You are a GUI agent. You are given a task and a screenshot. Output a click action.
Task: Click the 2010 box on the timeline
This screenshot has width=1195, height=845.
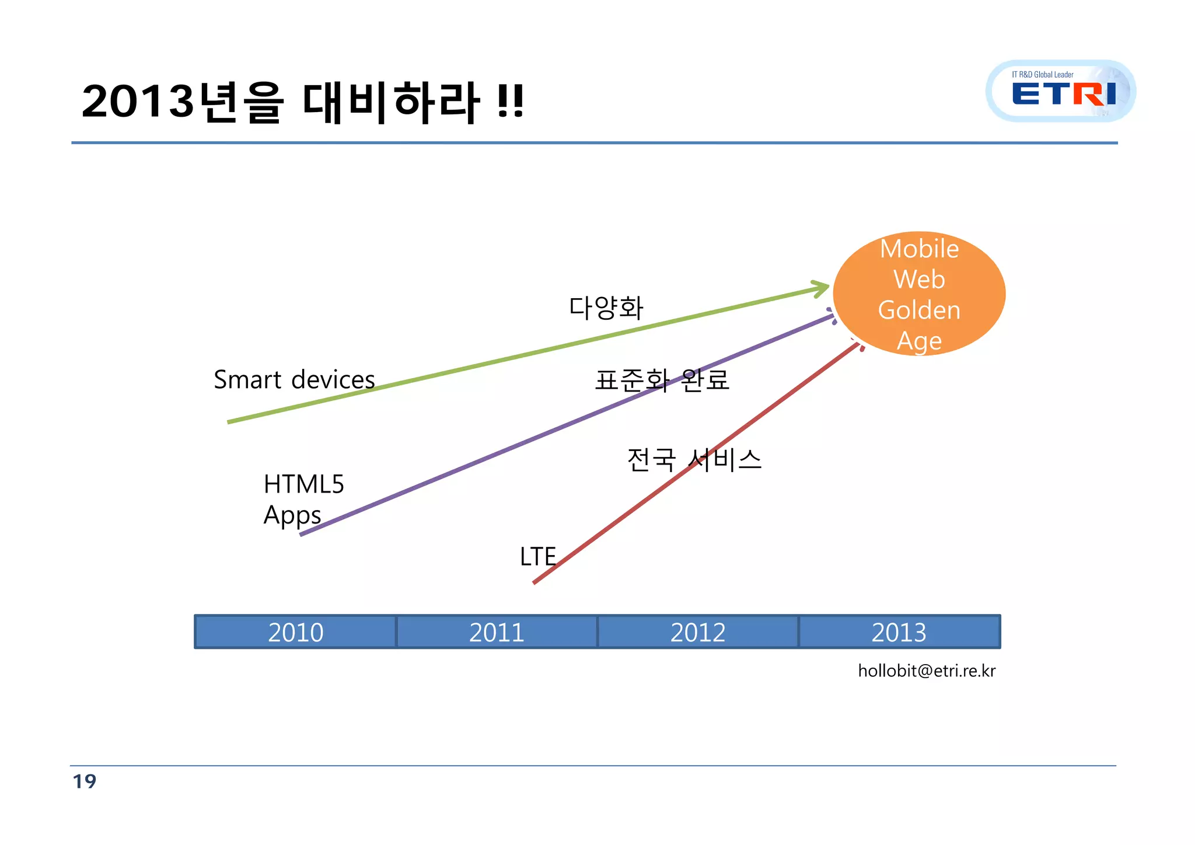pyautogui.click(x=295, y=632)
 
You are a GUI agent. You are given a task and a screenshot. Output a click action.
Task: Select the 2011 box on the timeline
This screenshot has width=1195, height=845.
pyautogui.click(x=497, y=632)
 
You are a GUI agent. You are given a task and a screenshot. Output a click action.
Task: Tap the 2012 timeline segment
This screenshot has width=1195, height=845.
pyautogui.click(x=698, y=632)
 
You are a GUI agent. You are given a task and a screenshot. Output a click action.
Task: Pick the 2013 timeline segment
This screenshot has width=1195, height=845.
pyautogui.click(x=899, y=632)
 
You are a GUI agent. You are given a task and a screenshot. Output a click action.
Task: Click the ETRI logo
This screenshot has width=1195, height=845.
pyautogui.click(x=1061, y=92)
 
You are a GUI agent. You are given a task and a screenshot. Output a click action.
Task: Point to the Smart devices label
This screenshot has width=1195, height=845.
pyautogui.click(x=294, y=380)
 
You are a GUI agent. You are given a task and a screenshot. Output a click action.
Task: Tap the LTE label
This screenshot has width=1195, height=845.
pyautogui.click(x=537, y=557)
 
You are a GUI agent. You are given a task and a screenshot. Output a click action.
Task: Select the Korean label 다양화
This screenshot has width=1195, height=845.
pyautogui.click(x=606, y=308)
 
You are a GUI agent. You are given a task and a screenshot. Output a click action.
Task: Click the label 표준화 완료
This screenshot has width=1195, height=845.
pyautogui.click(x=662, y=380)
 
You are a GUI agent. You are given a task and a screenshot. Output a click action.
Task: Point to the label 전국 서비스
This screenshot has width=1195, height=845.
pyautogui.click(x=694, y=460)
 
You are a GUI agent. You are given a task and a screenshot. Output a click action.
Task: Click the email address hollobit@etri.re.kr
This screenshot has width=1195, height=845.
pyautogui.click(x=926, y=671)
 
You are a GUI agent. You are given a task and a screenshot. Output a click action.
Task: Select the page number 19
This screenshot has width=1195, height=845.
pyautogui.click(x=85, y=781)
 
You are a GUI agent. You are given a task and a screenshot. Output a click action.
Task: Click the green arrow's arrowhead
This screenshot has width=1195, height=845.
pyautogui.click(x=823, y=288)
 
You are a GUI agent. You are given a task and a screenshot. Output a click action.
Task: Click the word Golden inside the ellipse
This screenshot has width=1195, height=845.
pyautogui.click(x=919, y=310)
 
